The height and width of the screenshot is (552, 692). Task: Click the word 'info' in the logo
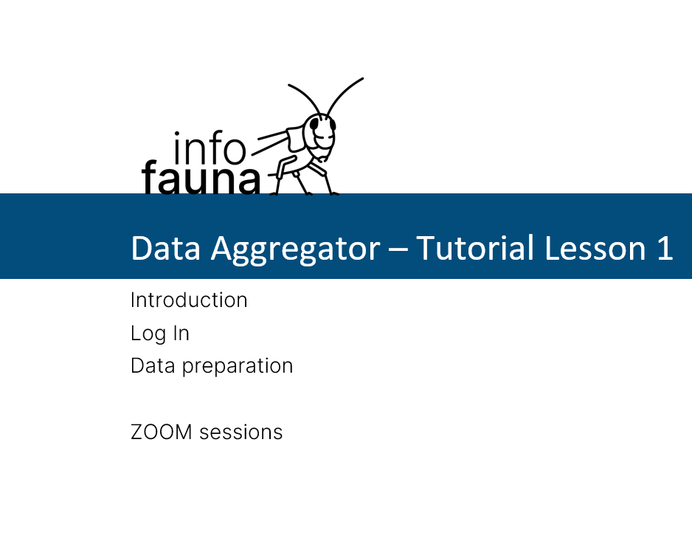(210, 147)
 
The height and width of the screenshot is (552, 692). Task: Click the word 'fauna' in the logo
(201, 178)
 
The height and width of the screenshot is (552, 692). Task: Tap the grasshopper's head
(319, 135)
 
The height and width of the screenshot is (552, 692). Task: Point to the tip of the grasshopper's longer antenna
(363, 79)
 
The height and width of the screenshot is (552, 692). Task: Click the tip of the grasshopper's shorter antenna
(288, 84)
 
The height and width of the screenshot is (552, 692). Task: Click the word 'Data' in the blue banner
(165, 248)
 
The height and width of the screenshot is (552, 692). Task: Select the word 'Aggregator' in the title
(295, 249)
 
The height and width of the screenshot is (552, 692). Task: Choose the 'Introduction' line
(189, 300)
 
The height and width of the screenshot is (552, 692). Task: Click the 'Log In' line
(160, 334)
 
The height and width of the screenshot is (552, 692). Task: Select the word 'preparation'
(238, 367)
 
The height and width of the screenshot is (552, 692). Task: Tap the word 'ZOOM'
(162, 432)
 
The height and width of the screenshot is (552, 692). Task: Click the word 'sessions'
(241, 432)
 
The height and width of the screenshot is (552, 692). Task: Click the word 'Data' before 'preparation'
(153, 366)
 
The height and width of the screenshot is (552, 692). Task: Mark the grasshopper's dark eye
(314, 125)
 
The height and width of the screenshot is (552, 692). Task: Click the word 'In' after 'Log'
(181, 333)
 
